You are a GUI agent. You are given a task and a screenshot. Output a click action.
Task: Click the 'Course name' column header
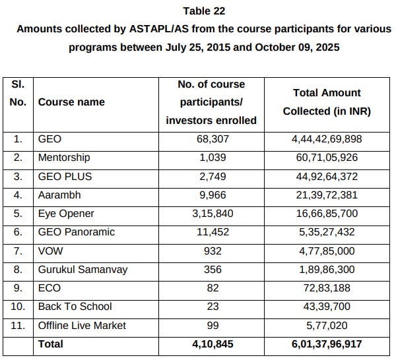(x=71, y=102)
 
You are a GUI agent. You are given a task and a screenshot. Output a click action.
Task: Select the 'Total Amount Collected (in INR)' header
(x=327, y=102)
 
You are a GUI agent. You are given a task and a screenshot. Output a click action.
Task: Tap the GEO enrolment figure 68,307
(x=211, y=139)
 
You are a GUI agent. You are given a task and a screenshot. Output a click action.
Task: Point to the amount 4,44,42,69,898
(x=327, y=139)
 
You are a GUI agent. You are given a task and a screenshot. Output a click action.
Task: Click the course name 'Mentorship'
(x=64, y=158)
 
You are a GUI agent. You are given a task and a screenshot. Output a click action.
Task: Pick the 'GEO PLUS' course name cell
(x=65, y=176)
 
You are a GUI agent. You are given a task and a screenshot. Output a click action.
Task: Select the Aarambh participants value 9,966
(x=211, y=195)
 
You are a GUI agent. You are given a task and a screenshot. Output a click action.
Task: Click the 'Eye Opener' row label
(x=66, y=214)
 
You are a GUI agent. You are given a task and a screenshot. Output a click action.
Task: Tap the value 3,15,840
(x=211, y=214)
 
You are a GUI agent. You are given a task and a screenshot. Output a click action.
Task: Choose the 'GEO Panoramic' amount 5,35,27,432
(x=327, y=232)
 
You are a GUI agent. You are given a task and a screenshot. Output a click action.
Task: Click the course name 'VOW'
(x=50, y=251)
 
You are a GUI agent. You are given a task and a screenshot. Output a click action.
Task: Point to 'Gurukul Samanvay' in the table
(x=82, y=269)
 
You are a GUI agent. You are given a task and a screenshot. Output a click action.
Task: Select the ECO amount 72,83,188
(x=327, y=287)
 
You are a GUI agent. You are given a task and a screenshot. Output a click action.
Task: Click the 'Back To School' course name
(x=75, y=307)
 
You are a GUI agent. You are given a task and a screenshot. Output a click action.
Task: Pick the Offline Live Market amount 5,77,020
(x=327, y=325)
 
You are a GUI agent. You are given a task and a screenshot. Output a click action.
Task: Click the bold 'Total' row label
(x=51, y=344)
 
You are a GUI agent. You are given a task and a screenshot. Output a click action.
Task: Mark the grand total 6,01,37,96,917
(x=327, y=344)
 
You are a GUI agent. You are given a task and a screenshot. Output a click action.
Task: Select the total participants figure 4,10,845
(x=211, y=344)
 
